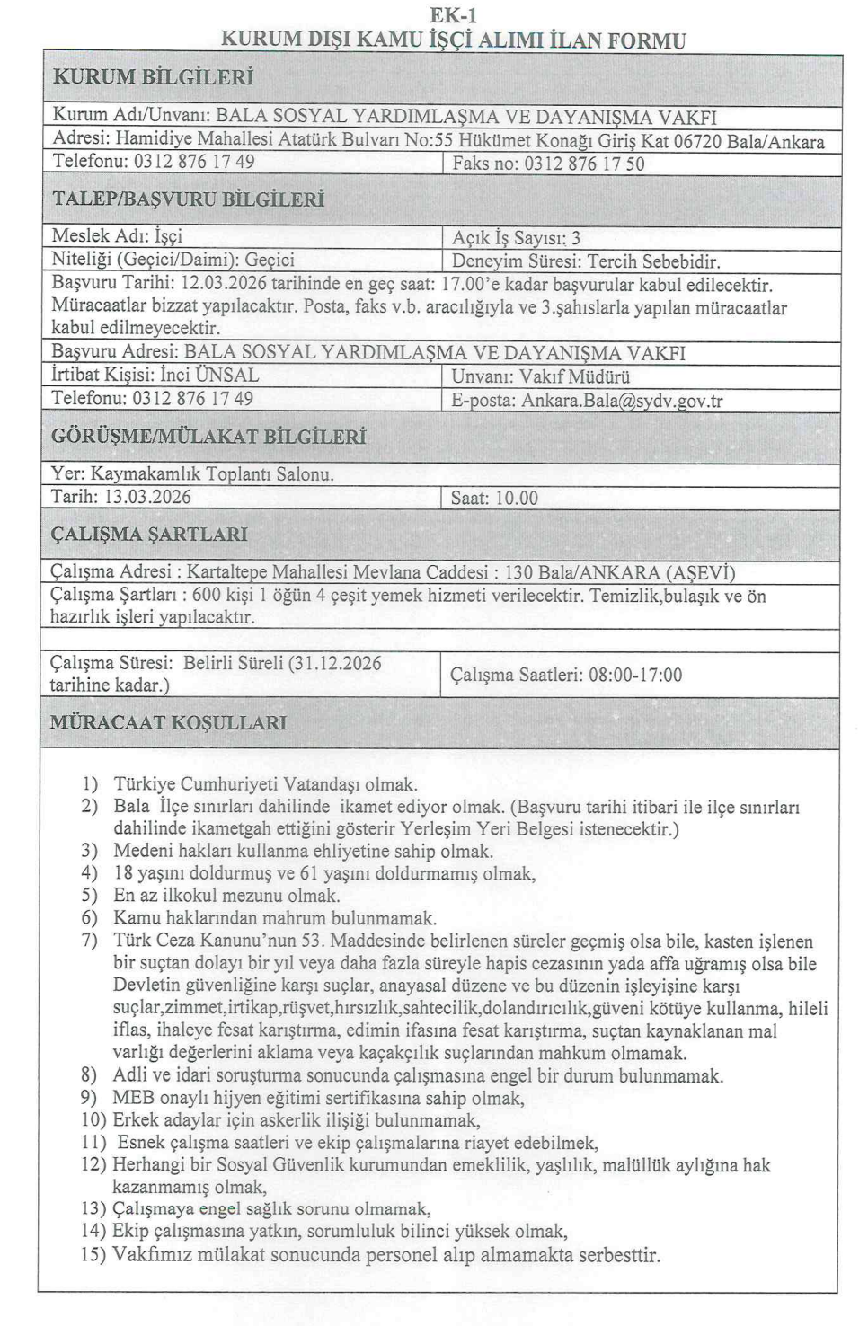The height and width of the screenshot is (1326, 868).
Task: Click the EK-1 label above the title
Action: coord(454,14)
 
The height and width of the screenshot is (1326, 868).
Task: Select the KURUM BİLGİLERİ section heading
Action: coord(153,77)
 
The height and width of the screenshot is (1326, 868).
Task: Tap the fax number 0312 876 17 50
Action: coord(584,164)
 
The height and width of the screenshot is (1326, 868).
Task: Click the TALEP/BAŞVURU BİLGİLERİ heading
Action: coord(188,199)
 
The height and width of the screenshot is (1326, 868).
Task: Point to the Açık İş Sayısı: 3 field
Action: coord(516,238)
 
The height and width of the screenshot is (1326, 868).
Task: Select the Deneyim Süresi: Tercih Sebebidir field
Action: coord(586,262)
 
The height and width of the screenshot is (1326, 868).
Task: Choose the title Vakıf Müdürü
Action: coord(574,376)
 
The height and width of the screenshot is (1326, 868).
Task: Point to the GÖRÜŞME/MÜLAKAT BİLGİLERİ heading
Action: coord(208,438)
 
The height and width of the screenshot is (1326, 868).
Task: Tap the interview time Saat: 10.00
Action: coord(494,498)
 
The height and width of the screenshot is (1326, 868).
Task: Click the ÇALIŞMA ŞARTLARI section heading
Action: coord(148,535)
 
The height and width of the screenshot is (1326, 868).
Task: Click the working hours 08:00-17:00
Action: coord(634,675)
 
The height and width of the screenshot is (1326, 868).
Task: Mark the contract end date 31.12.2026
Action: coord(337,664)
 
